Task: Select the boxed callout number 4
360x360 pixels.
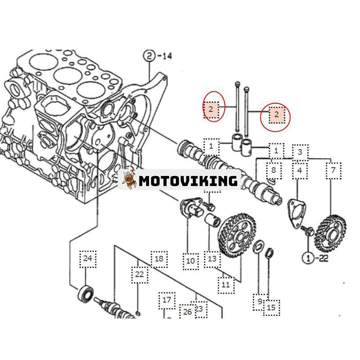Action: [299, 171]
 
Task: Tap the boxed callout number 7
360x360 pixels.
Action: [333, 170]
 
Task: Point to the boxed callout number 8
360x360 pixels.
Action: [273, 170]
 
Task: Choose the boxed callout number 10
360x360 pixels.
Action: [190, 261]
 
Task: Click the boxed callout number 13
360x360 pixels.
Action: [212, 258]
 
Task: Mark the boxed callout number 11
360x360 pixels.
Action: [225, 284]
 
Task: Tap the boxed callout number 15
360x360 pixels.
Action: [271, 308]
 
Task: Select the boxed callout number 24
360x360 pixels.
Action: [87, 258]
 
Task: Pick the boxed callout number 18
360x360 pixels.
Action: [159, 258]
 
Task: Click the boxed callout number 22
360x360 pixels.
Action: [139, 274]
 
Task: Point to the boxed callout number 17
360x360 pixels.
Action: [167, 299]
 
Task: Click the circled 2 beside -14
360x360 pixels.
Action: [149, 57]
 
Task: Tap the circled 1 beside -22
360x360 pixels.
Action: [308, 258]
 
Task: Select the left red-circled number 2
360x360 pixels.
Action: [211, 108]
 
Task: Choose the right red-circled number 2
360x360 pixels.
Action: [277, 115]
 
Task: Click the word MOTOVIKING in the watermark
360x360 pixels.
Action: [188, 181]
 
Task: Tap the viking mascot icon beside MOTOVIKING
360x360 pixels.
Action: [130, 180]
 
